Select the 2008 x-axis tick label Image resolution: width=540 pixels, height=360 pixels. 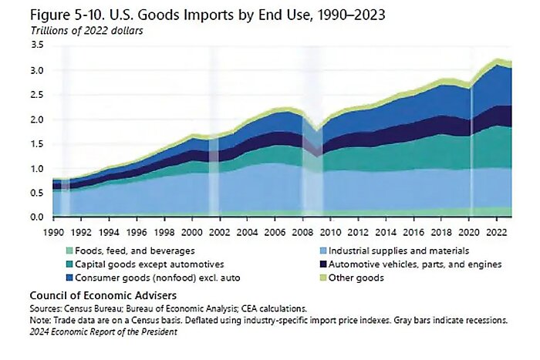pos(303,231)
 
